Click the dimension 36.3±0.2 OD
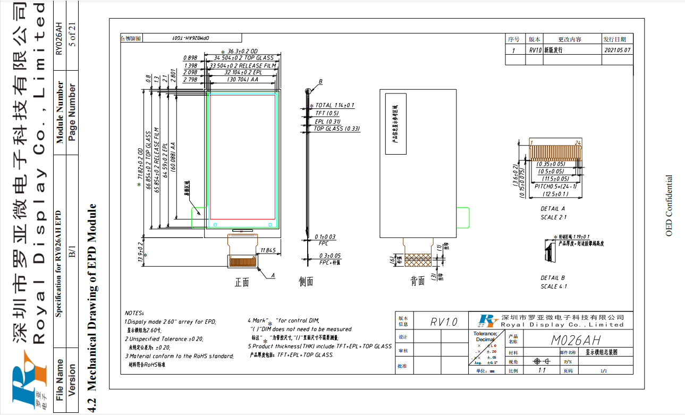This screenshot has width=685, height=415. (242, 51)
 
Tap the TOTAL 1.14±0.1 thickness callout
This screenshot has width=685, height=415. (334, 106)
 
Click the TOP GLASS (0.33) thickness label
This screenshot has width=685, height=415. (336, 129)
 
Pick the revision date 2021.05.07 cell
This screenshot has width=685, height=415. (618, 50)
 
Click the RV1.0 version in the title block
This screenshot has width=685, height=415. (444, 322)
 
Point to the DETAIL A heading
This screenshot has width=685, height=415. (553, 209)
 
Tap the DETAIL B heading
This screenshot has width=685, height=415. (553, 278)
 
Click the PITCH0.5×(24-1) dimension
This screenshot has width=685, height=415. (555, 187)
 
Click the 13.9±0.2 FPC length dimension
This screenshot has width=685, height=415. (141, 252)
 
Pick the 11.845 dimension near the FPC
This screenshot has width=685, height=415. (268, 250)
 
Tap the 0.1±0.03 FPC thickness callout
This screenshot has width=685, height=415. (325, 237)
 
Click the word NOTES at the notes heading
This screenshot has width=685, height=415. (134, 314)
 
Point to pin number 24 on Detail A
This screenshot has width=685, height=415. (577, 142)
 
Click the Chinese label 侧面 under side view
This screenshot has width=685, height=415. (306, 282)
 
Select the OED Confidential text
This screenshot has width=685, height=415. (669, 205)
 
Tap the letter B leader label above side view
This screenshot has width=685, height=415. (320, 82)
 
